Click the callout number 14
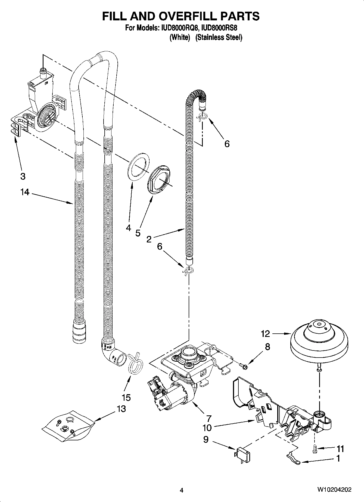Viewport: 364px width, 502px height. [24, 192]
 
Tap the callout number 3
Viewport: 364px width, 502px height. [23, 176]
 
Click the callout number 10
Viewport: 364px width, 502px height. [207, 428]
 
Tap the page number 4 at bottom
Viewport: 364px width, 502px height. [182, 490]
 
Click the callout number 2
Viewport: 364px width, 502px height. [149, 239]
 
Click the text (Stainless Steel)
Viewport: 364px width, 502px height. [219, 37]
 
